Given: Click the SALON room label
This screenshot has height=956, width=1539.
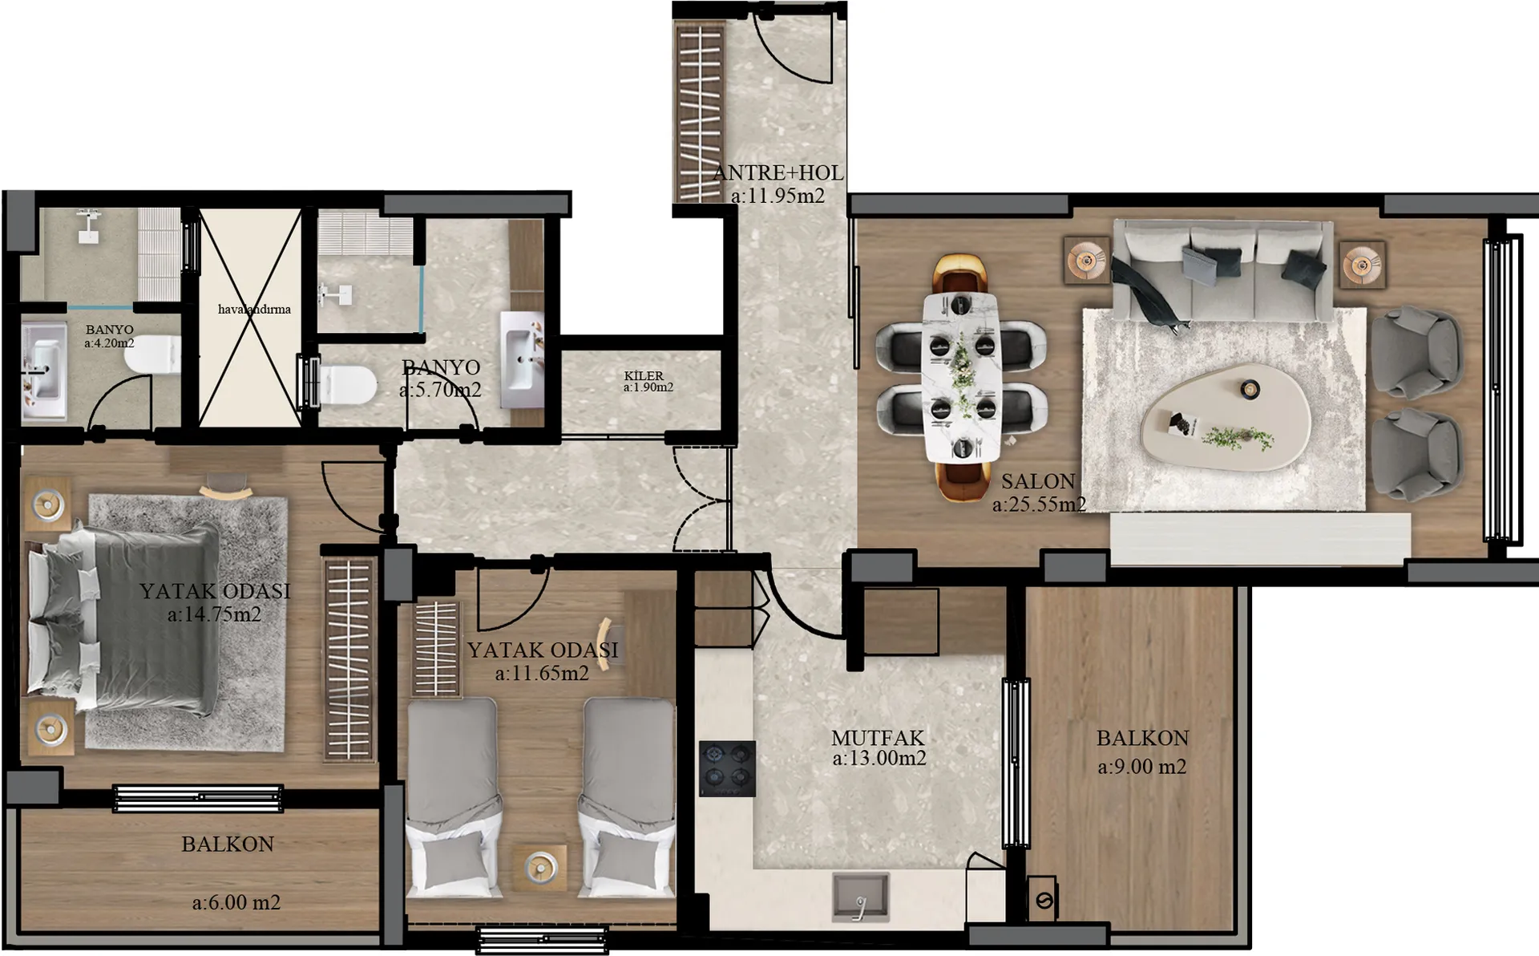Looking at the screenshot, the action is [1038, 481].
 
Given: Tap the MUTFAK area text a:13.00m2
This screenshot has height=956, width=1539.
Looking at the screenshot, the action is [879, 759].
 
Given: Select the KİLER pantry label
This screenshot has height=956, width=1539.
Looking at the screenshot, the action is [644, 375].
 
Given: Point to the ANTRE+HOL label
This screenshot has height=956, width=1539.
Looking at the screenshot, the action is [778, 172].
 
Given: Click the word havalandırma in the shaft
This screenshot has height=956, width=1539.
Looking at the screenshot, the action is [254, 309].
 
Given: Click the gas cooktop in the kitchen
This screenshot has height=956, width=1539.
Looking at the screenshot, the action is [727, 768].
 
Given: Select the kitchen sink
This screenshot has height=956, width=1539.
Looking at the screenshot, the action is [861, 897].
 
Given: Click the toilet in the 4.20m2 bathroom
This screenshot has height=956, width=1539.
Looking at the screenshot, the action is [152, 354].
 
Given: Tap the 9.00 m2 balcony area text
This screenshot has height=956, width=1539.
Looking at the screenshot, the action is [1141, 767].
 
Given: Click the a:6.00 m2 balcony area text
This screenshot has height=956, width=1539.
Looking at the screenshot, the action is [236, 903].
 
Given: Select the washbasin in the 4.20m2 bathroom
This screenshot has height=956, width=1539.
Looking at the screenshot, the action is [43, 370].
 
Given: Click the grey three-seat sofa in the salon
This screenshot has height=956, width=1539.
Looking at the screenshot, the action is [1223, 270].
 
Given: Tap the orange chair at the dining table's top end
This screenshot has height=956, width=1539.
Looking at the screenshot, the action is [961, 273].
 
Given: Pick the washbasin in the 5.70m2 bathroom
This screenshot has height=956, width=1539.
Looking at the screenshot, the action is [522, 360].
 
